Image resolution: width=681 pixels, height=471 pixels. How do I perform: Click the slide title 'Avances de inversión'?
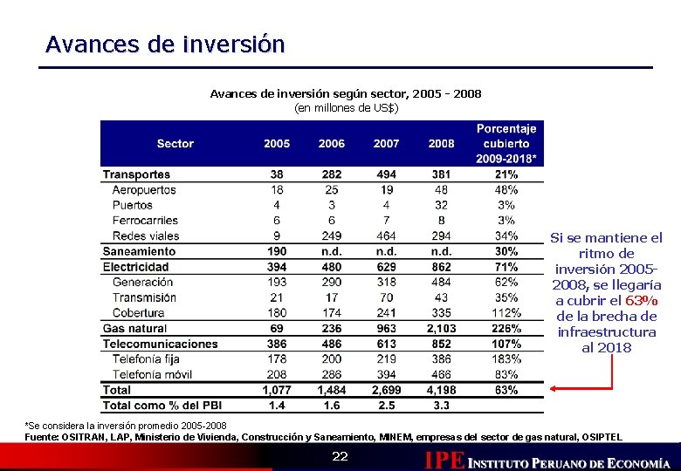[165, 44]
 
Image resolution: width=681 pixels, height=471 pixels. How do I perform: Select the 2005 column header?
[277, 143]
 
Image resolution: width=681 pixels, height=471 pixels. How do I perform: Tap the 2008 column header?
[441, 143]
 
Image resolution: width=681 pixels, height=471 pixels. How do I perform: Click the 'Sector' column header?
[175, 143]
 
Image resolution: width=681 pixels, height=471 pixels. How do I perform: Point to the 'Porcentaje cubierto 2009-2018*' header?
[506, 143]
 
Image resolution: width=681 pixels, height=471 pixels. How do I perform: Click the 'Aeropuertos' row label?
[144, 190]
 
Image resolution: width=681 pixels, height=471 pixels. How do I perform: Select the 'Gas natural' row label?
[134, 329]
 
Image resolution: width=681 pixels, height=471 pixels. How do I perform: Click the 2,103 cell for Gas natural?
[441, 329]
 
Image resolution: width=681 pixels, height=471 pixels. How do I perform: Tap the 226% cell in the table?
[506, 329]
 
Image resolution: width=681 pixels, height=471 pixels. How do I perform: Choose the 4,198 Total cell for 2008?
[441, 390]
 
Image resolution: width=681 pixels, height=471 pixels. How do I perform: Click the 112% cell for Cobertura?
[506, 313]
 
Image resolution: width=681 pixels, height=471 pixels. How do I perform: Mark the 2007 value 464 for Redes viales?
[386, 236]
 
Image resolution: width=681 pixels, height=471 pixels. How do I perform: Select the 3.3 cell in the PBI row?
[441, 406]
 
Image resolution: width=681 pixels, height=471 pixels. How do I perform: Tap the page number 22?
[340, 458]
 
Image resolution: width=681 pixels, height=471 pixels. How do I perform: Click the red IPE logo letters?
[444, 460]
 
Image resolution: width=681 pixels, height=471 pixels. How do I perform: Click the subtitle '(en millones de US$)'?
[346, 107]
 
